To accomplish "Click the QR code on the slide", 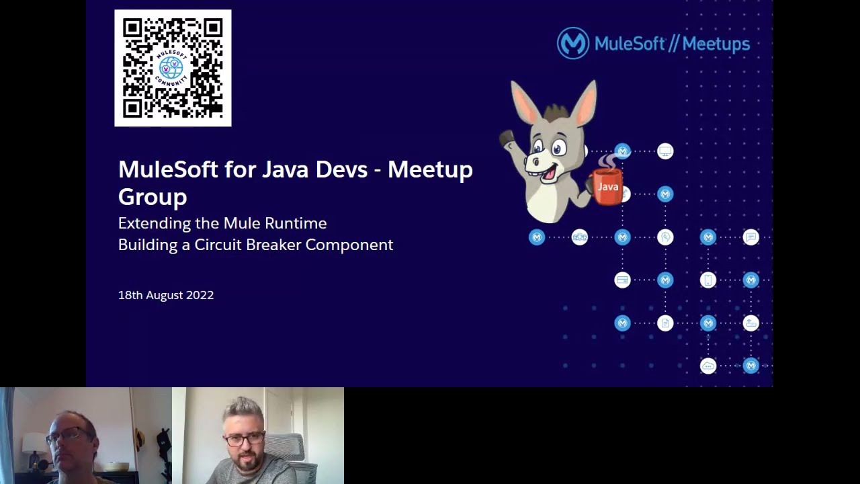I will tap(173, 68).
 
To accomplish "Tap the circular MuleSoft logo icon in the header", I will tap(572, 44).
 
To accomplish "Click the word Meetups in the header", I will tap(715, 44).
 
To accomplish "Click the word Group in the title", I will tap(153, 197).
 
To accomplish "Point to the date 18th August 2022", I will tap(166, 295).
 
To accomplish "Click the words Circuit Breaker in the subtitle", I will tap(247, 245).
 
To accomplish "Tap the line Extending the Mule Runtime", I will tap(222, 223).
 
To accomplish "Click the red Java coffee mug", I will tap(607, 188).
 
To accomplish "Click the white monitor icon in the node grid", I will tap(665, 151).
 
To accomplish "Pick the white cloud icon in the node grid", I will tap(708, 366).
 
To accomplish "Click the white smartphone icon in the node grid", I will tap(708, 280).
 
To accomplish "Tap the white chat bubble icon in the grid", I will tap(751, 237).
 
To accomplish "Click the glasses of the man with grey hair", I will tap(244, 440).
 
